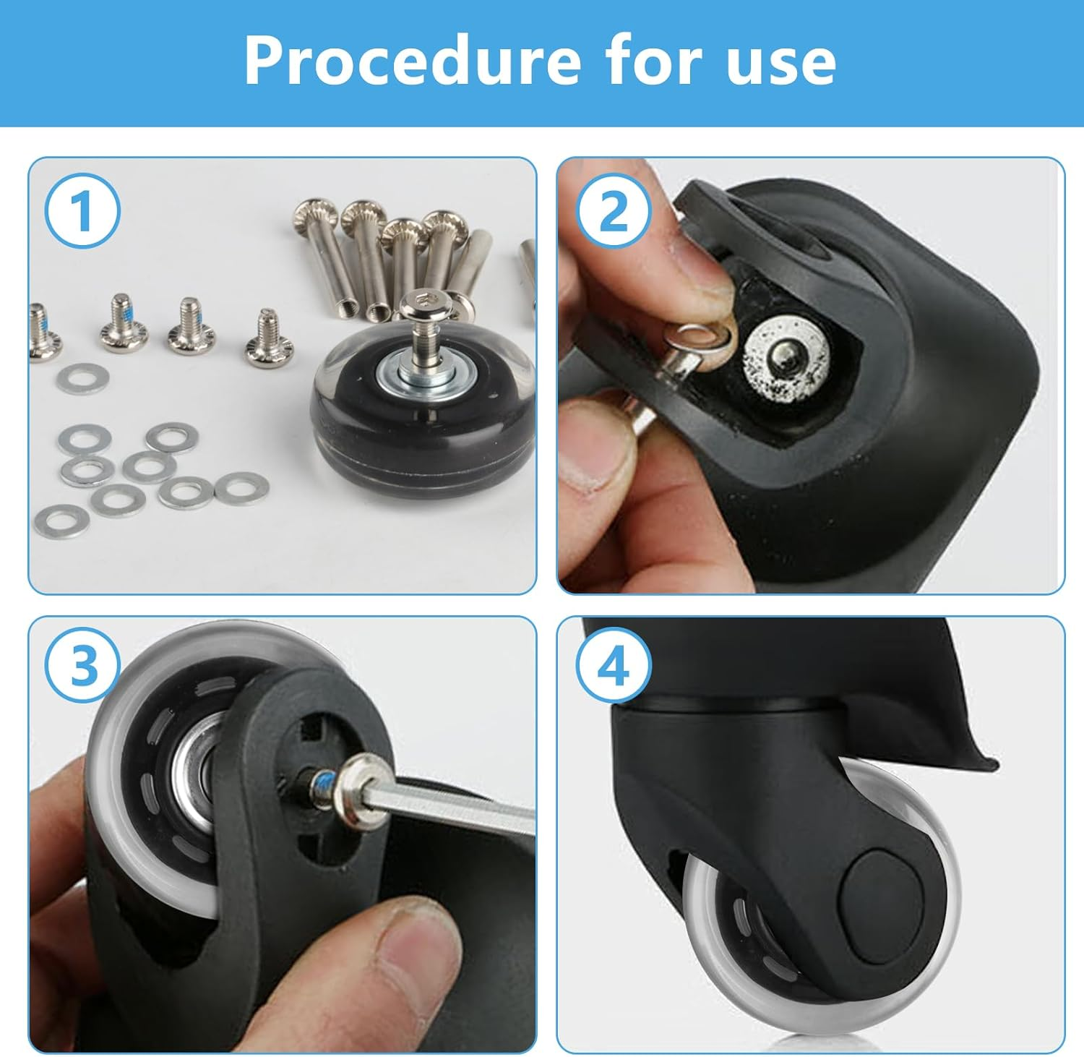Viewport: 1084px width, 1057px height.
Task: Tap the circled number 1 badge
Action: click(x=82, y=211)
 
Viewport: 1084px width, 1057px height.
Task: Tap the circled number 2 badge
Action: click(x=614, y=212)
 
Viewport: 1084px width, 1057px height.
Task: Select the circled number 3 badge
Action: click(x=82, y=664)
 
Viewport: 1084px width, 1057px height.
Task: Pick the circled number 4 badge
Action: click(x=614, y=666)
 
